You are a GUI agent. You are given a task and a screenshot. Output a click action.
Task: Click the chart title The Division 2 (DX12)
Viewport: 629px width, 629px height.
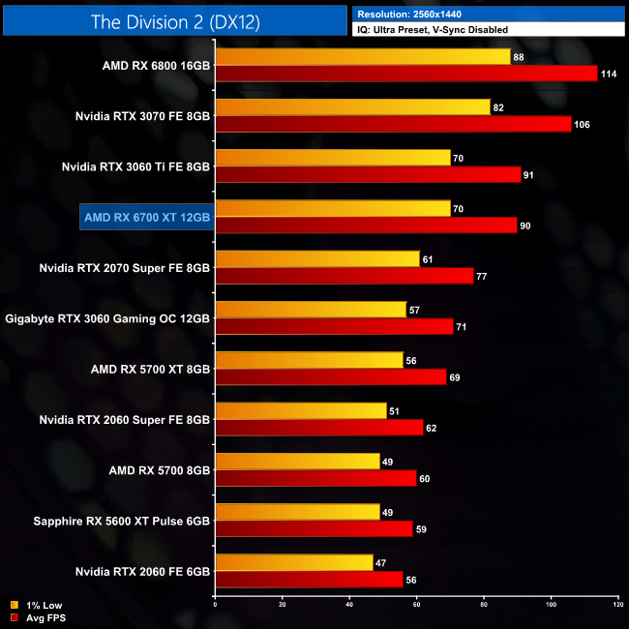click(174, 20)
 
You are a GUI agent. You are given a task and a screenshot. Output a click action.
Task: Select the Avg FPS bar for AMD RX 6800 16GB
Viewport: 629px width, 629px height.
click(406, 74)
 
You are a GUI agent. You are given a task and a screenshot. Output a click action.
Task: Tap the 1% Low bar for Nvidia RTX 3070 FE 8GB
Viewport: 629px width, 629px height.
click(352, 107)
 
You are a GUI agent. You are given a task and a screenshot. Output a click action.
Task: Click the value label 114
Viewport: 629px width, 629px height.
click(609, 74)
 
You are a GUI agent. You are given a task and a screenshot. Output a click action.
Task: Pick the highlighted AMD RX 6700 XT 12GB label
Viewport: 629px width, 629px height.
click(146, 218)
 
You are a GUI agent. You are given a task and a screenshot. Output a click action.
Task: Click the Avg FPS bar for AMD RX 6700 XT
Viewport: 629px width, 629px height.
click(366, 225)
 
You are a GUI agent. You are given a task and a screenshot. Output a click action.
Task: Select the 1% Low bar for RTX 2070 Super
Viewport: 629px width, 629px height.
click(317, 258)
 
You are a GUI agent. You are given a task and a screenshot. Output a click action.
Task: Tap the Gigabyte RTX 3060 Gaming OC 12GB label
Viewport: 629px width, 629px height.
click(107, 317)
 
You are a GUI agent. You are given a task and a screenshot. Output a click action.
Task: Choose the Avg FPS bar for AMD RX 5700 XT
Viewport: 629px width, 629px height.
click(331, 376)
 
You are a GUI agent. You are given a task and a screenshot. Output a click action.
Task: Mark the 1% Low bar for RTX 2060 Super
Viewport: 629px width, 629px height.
click(301, 409)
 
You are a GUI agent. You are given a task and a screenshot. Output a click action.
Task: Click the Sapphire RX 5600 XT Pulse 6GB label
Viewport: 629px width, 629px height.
click(115, 520)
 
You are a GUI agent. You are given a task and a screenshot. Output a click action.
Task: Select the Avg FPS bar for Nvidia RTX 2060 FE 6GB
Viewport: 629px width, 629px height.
click(309, 579)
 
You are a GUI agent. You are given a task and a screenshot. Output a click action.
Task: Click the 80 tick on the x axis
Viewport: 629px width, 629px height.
click(483, 605)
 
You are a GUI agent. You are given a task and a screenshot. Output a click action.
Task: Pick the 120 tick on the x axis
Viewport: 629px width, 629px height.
click(616, 605)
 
